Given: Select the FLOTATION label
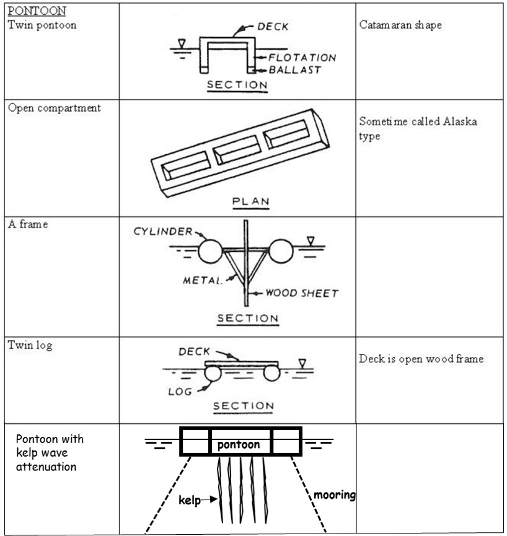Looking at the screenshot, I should pyautogui.click(x=302, y=58).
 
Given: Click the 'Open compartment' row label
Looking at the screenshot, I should pyautogui.click(x=54, y=108).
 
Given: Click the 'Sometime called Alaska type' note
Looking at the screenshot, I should pyautogui.click(x=417, y=129).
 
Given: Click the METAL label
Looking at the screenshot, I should pyautogui.click(x=201, y=280).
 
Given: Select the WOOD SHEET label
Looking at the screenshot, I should pyautogui.click(x=302, y=293).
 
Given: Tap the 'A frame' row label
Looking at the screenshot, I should pyautogui.click(x=28, y=224).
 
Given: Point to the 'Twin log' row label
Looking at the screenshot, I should pyautogui.click(x=30, y=345).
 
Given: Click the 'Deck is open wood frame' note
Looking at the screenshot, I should pyautogui.click(x=421, y=359).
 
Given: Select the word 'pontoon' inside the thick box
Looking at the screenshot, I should pyautogui.click(x=239, y=444).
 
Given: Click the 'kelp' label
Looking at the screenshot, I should pyautogui.click(x=189, y=500).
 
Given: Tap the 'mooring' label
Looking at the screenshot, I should pyautogui.click(x=333, y=495).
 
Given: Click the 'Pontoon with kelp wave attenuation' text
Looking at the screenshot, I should pyautogui.click(x=50, y=452).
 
